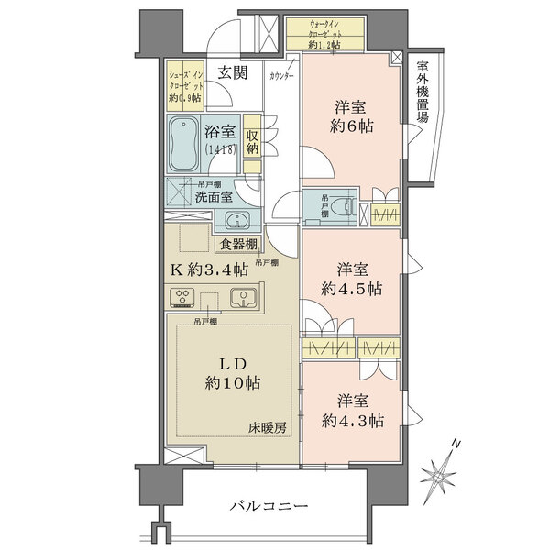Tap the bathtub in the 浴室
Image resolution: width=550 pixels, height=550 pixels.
click(186, 143)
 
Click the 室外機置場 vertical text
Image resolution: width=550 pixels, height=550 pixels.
click(423, 97)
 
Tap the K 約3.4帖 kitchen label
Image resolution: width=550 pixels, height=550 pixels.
click(210, 269)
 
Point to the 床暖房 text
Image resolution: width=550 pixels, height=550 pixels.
click(268, 428)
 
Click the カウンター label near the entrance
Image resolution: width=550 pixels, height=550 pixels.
click(281, 76)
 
